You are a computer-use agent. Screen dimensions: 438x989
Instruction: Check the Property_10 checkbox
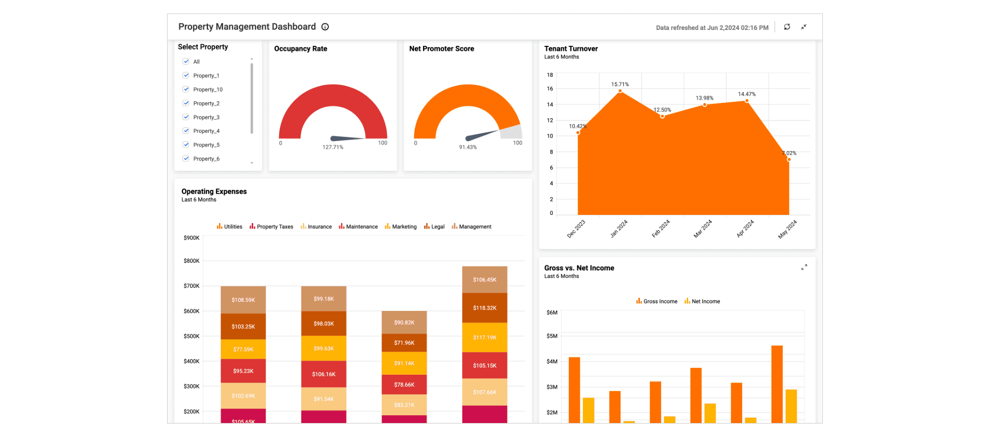click(x=186, y=89)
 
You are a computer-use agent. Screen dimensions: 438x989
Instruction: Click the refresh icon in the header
click(x=787, y=27)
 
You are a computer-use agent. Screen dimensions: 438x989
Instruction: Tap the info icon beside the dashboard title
click(x=325, y=27)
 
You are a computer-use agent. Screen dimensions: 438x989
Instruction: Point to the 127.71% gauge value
click(x=333, y=147)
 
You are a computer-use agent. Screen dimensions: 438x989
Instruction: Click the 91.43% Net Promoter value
click(x=467, y=147)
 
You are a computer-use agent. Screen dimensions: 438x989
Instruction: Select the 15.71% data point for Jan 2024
click(x=620, y=91)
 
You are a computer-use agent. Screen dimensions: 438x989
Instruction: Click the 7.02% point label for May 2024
click(x=789, y=153)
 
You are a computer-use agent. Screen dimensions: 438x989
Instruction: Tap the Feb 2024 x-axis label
click(x=661, y=228)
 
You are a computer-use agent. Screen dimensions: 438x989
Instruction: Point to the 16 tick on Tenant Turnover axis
click(x=550, y=89)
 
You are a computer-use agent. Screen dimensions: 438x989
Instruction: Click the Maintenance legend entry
click(x=358, y=226)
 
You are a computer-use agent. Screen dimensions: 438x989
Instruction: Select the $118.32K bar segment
click(x=484, y=308)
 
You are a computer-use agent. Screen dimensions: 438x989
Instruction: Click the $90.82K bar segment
click(x=404, y=322)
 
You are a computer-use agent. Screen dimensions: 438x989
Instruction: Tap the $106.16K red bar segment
click(x=324, y=374)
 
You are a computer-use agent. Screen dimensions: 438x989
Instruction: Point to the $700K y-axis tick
click(x=191, y=286)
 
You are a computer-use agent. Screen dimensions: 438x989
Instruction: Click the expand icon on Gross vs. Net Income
click(x=804, y=268)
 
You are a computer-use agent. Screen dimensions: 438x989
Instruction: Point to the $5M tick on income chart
click(x=552, y=336)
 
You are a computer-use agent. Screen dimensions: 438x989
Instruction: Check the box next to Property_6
click(x=186, y=158)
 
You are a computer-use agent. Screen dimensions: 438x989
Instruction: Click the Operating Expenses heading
click(x=214, y=192)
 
